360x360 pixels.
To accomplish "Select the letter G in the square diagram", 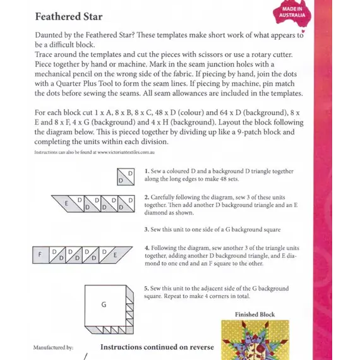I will pyautogui.click(x=103, y=304).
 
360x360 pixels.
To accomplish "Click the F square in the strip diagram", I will pyautogui.click(x=40, y=255).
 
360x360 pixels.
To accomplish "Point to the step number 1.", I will pyautogui.click(x=146, y=172).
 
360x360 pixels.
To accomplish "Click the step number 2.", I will pyautogui.click(x=146, y=197).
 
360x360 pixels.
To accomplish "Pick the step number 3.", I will pyautogui.click(x=146, y=229).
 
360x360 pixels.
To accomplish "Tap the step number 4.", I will pyautogui.click(x=146, y=247).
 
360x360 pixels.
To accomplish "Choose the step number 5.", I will pyautogui.click(x=146, y=287).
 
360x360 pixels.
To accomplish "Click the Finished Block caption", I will pyautogui.click(x=255, y=315).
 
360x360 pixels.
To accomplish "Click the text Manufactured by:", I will pyautogui.click(x=53, y=347).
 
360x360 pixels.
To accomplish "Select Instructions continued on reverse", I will pyautogui.click(x=157, y=347).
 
